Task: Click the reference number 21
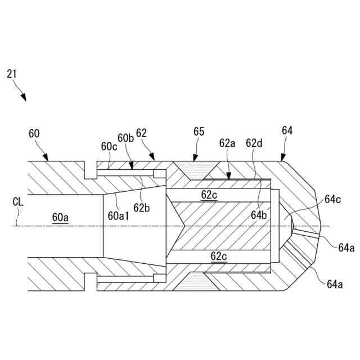coord(12,73)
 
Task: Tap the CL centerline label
coord(19,201)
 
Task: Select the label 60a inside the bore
coord(60,216)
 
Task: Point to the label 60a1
coord(119,216)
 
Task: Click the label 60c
coord(109,146)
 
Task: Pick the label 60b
coord(125,138)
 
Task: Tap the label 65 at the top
coord(199,133)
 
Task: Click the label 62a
coord(227,143)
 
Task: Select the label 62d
coord(254,143)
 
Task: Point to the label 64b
coord(259,214)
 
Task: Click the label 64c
coord(332,199)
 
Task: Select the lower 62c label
coord(219,256)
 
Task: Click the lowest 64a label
coord(335,284)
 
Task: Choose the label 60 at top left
coord(34,134)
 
